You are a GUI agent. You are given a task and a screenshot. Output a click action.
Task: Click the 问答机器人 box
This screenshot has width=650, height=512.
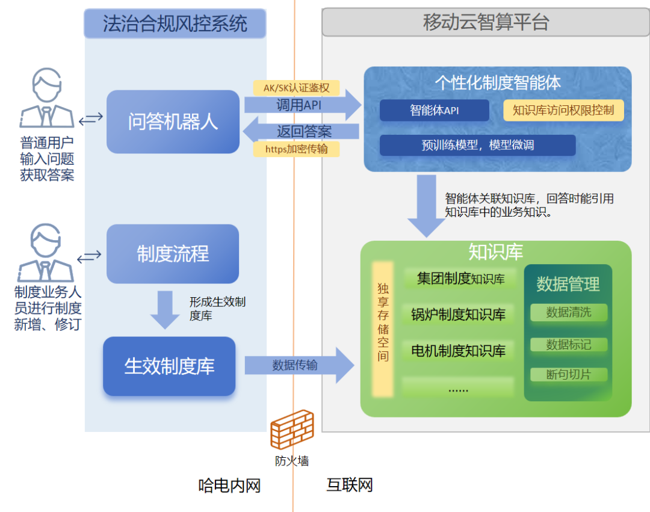click(x=173, y=122)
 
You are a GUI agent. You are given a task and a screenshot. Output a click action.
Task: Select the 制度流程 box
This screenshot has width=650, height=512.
click(x=173, y=254)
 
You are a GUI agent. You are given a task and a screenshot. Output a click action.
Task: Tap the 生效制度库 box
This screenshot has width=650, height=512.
click(x=169, y=366)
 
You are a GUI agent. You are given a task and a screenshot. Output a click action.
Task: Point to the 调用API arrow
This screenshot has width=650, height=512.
click(x=301, y=105)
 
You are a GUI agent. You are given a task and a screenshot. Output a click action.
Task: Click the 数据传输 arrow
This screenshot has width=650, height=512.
click(x=299, y=365)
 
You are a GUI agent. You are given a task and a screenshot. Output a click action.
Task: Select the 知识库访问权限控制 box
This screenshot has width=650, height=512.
click(x=563, y=110)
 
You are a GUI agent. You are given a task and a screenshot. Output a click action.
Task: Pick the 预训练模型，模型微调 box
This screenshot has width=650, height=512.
click(x=477, y=145)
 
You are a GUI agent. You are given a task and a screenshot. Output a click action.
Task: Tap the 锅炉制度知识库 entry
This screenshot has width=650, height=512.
click(x=458, y=314)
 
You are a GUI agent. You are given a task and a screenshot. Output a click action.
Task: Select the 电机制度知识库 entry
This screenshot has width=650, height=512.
click(x=458, y=350)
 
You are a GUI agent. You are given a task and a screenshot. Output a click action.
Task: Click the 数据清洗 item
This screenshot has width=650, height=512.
click(x=568, y=312)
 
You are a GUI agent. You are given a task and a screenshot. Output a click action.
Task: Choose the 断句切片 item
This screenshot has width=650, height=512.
click(x=568, y=374)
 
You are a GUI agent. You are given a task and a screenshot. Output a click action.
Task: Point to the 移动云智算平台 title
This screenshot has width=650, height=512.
click(x=486, y=22)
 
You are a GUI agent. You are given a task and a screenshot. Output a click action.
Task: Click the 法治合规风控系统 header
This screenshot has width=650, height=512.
click(x=175, y=23)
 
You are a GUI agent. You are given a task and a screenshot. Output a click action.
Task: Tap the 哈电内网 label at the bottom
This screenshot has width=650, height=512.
click(x=229, y=485)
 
